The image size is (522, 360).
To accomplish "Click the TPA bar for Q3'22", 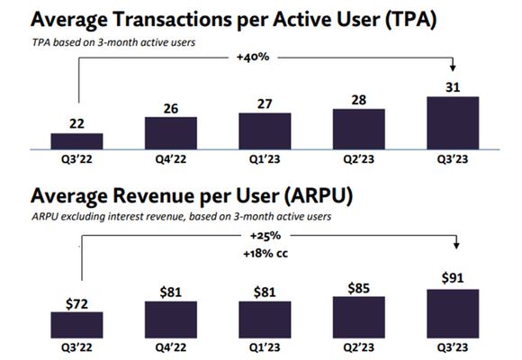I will point(76,139).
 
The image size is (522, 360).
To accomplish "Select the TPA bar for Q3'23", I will point(453,121).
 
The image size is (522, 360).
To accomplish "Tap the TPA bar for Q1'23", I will point(265,130).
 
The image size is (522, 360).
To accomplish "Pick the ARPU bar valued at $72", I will point(76,324).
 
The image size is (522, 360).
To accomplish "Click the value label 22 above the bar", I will point(76,123).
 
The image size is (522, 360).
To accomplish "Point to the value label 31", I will point(453,86).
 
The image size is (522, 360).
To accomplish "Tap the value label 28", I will point(359,98).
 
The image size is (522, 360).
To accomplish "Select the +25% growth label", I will point(265,234).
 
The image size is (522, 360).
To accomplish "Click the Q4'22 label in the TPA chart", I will point(171,158).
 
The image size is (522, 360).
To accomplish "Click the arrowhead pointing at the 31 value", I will point(453,70).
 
